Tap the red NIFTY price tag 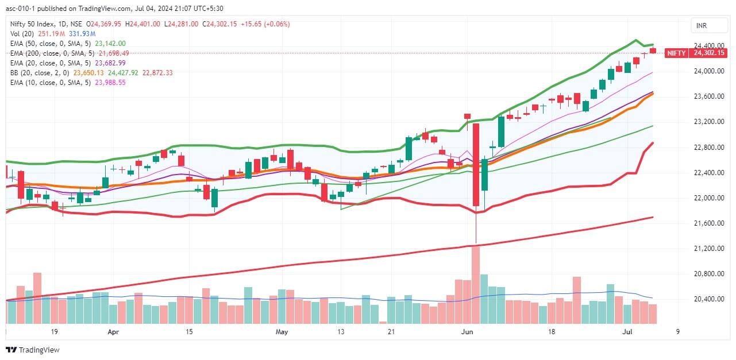(676, 53)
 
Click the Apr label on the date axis (113, 332)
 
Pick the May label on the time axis (281, 332)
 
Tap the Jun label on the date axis (467, 332)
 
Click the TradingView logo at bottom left (33, 350)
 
